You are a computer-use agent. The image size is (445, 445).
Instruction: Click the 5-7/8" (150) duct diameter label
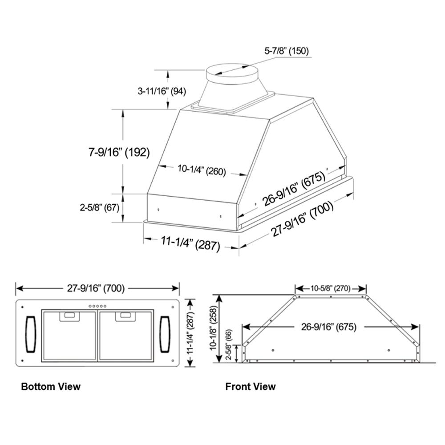pyautogui.click(x=287, y=51)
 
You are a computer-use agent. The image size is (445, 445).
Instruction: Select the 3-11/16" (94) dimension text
pyautogui.click(x=162, y=91)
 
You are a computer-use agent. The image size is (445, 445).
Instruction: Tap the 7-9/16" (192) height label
pyautogui.click(x=118, y=152)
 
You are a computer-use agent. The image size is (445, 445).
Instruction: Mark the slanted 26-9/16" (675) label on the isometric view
pyautogui.click(x=294, y=189)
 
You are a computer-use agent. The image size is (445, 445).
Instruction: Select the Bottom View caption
pyautogui.click(x=51, y=386)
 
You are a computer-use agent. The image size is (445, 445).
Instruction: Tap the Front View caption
pyautogui.click(x=250, y=386)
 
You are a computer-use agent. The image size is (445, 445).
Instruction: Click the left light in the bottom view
pyautogui.click(x=30, y=332)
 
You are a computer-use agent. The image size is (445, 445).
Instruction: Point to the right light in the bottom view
pyautogui.click(x=165, y=332)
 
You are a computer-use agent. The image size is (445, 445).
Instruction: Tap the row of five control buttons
pyautogui.click(x=98, y=306)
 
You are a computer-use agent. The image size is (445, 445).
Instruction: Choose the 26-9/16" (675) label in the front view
pyautogui.click(x=328, y=327)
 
